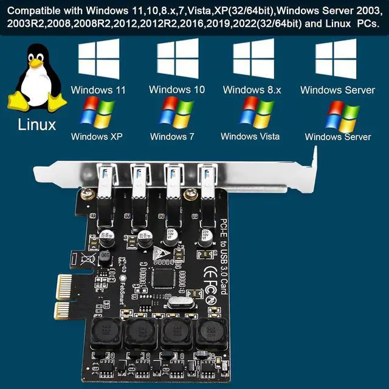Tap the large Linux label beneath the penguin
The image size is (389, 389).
37,125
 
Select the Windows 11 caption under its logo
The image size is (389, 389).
98,90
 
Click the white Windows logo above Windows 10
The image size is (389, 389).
177,58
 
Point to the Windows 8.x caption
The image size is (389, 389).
252,90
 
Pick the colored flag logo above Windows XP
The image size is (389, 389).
97,114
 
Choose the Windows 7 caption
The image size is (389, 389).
176,137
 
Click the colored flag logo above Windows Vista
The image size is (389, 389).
257,112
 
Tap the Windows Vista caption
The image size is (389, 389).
250,136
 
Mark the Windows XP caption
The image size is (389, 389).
97,137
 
